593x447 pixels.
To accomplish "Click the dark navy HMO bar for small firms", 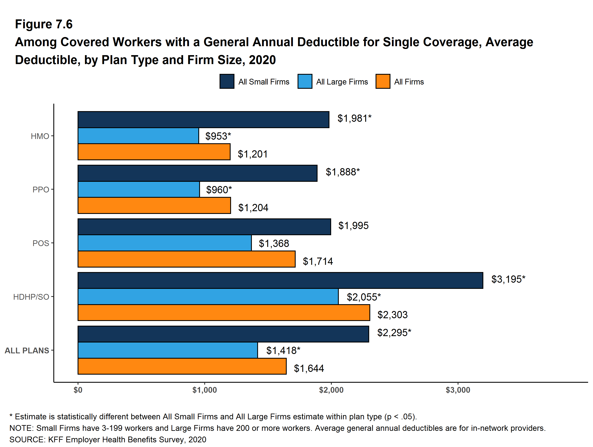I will (203, 119).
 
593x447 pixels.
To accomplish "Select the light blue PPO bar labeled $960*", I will (139, 189).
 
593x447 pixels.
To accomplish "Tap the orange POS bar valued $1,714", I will (186, 259).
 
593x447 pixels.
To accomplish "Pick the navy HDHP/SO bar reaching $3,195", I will (280, 280).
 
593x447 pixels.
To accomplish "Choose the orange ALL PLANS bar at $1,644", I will (182, 366).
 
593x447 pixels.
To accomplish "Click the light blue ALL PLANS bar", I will (167, 350).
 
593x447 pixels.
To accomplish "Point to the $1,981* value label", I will (354, 118).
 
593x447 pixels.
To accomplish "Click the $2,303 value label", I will (392, 315).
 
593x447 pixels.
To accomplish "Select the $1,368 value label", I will (274, 244).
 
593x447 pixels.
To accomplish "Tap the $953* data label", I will (218, 136).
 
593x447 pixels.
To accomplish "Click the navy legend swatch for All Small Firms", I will (227, 81).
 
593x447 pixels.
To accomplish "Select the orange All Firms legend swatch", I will (383, 81).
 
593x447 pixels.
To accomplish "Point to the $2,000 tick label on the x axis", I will (331, 390).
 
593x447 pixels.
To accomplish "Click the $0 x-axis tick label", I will (78, 390).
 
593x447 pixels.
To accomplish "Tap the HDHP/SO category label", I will (31, 297).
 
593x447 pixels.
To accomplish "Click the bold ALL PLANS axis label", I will (27, 350).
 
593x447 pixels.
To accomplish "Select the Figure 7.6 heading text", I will (44, 24).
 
